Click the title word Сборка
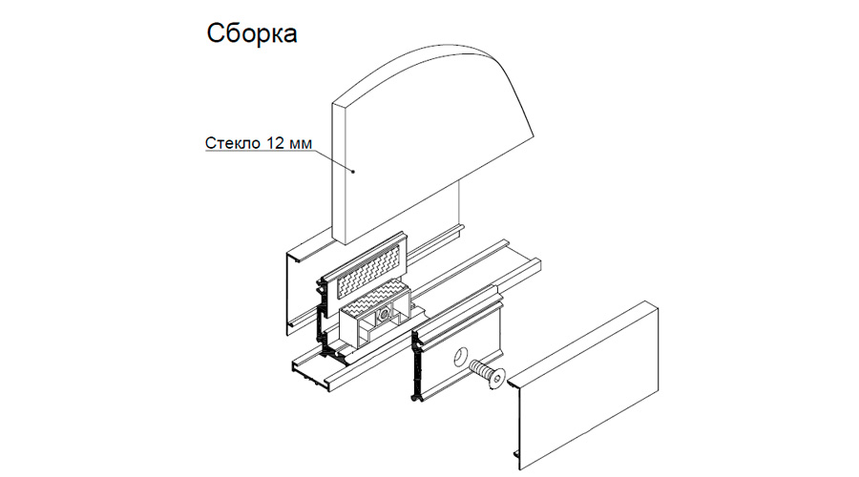(x=252, y=33)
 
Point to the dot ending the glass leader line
(x=354, y=172)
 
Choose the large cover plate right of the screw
(x=592, y=382)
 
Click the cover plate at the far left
(x=296, y=286)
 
